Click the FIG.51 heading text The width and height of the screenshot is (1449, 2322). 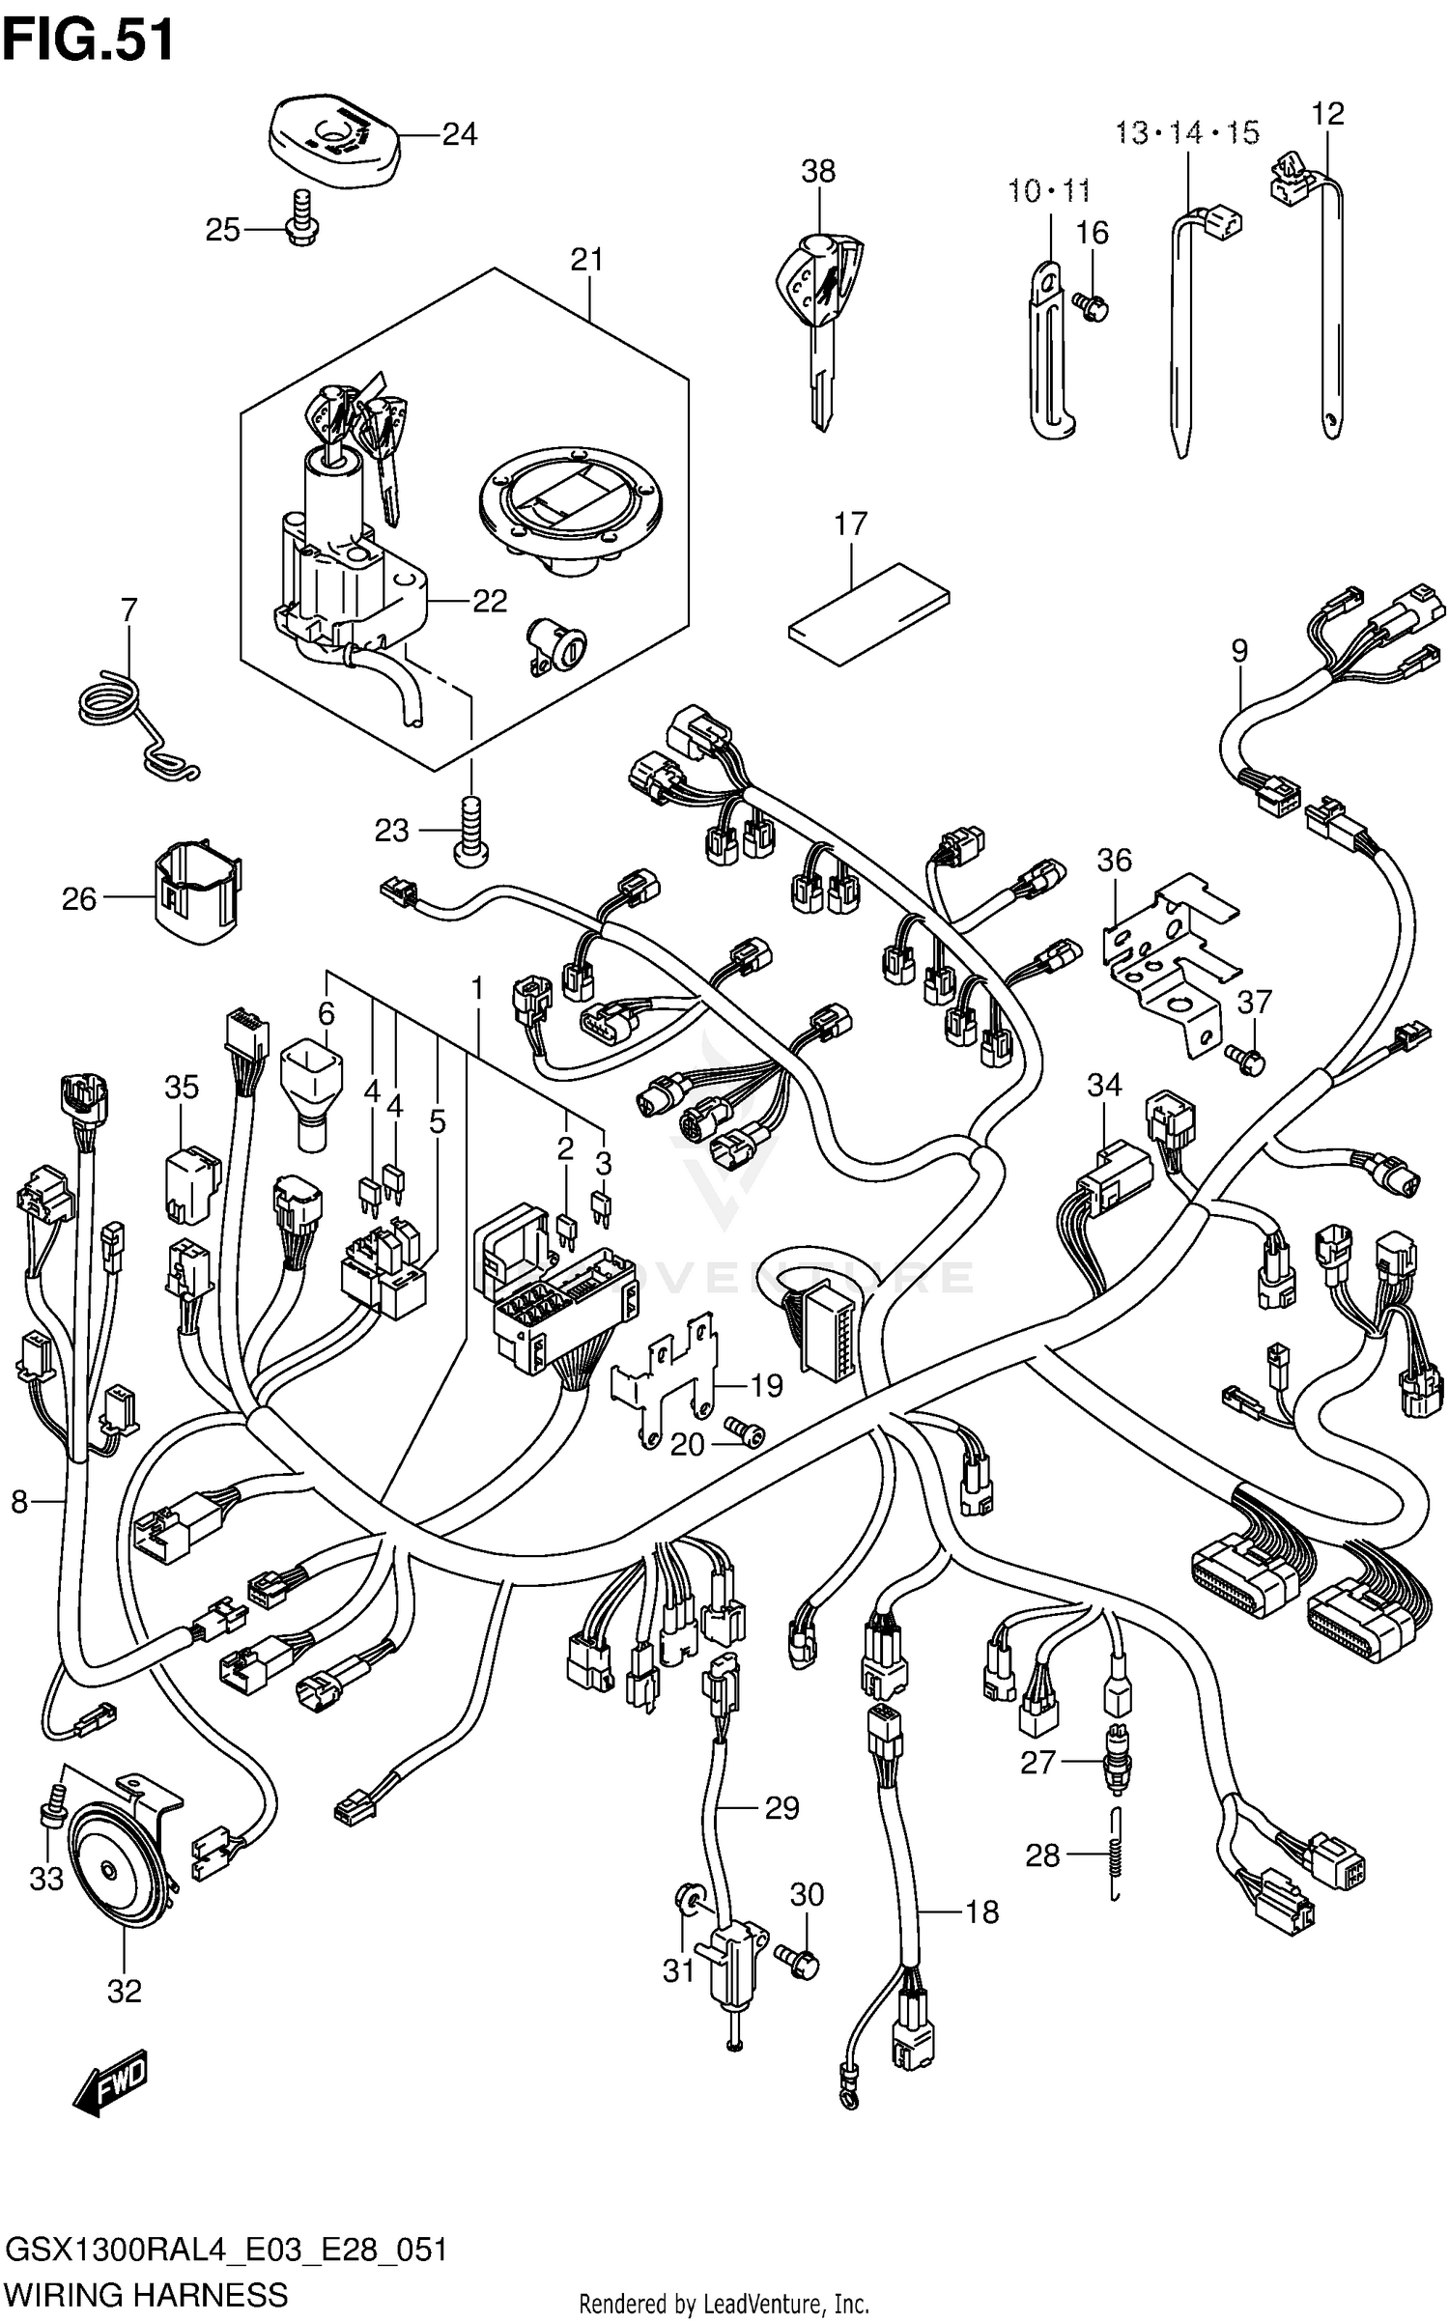89,41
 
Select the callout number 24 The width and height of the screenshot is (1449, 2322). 460,134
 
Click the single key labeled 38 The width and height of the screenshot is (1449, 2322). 819,319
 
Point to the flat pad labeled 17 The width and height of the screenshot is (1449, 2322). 867,613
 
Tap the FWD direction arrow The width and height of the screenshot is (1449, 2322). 113,2081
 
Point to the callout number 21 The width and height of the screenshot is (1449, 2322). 586,260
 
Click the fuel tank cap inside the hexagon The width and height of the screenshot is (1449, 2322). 573,512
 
